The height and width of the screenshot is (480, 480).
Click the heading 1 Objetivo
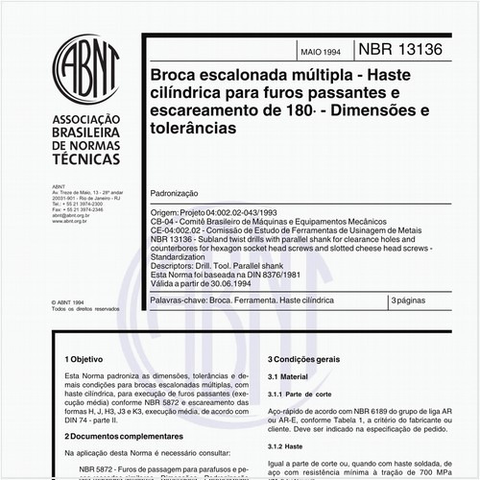coord(80,355)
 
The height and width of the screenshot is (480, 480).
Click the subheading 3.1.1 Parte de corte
coord(304,395)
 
